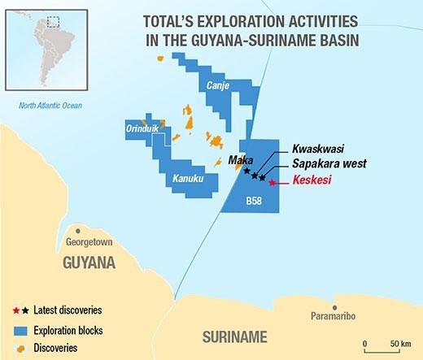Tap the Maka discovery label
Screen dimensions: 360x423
[239, 160]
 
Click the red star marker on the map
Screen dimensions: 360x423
[271, 183]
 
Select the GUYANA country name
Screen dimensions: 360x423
[89, 263]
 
